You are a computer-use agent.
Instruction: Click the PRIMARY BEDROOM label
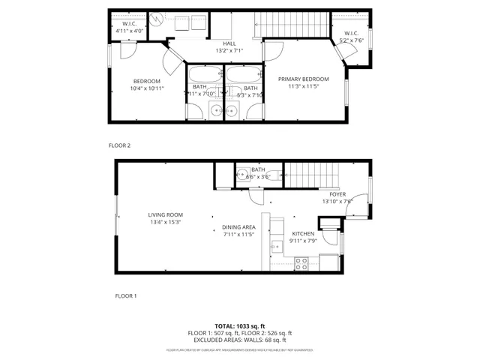pos(303,79)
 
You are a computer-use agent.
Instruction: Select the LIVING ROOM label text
pos(165,214)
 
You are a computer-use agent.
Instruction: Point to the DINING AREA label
pos(238,227)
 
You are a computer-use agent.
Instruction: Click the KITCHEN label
pos(303,233)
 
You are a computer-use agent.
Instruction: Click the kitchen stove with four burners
pos(304,263)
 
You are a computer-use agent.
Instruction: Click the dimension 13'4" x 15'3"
pos(165,222)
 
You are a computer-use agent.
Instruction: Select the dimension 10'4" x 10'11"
pos(148,88)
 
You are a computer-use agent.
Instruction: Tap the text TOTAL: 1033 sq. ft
pos(240,326)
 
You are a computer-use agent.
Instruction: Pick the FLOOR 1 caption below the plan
pos(125,295)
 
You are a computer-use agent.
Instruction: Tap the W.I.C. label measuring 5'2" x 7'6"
pos(352,37)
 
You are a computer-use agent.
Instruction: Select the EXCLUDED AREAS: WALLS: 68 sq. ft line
pos(240,340)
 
